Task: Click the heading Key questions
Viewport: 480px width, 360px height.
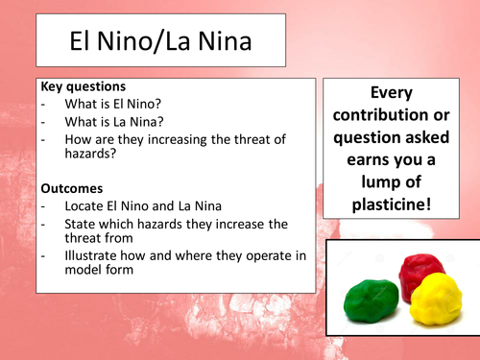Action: click(84, 86)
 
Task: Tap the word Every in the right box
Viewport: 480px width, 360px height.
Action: click(397, 93)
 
